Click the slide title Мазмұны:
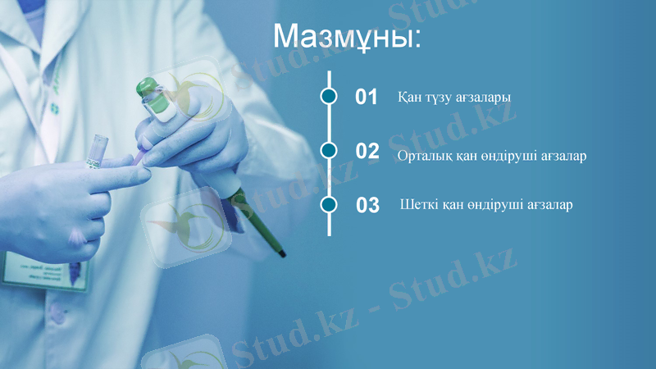tap(347, 37)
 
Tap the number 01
tap(366, 98)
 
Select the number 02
tap(367, 151)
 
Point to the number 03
tap(367, 205)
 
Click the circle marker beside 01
tap(329, 97)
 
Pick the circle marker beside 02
tap(329, 150)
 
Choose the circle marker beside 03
tap(329, 204)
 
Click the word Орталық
tap(423, 155)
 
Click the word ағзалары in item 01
tap(485, 98)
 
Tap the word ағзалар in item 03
tap(550, 205)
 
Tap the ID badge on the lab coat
tap(45, 271)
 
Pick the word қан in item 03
tap(453, 204)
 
